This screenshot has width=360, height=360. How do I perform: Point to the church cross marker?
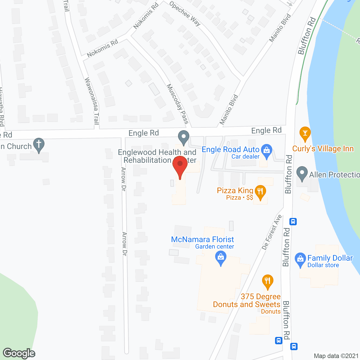click(39, 145)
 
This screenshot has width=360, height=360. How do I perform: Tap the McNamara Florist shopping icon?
click(221, 258)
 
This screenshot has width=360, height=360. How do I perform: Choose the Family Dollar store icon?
click(300, 259)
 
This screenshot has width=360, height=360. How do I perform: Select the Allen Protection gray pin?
click(302, 174)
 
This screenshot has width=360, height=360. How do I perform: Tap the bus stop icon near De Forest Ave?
click(293, 222)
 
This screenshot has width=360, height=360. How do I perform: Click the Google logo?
click(19, 353)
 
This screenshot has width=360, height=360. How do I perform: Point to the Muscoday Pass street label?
click(177, 104)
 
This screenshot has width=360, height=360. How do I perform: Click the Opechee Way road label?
click(185, 13)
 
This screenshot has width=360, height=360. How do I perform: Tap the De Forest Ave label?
click(272, 232)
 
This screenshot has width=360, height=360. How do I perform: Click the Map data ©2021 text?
click(336, 356)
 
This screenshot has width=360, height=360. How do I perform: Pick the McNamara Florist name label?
click(202, 239)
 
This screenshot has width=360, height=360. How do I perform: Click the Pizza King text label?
click(235, 190)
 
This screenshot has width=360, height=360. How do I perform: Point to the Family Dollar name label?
click(330, 258)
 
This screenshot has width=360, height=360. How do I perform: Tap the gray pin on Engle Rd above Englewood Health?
click(184, 138)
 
